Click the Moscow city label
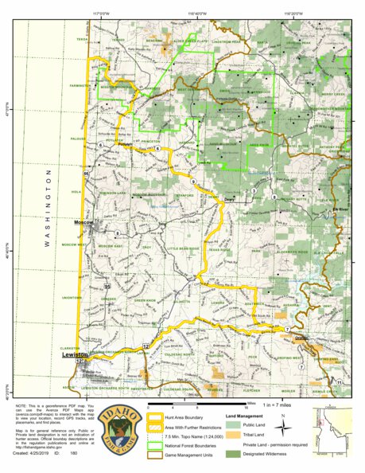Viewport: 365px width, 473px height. pyautogui.click(x=83, y=222)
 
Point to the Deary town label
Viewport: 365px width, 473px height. pyautogui.click(x=229, y=200)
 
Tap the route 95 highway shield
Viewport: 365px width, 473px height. pyautogui.click(x=107, y=286)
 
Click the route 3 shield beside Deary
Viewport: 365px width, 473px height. pyautogui.click(x=253, y=192)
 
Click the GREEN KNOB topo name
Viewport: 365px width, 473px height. pyautogui.click(x=144, y=300)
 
